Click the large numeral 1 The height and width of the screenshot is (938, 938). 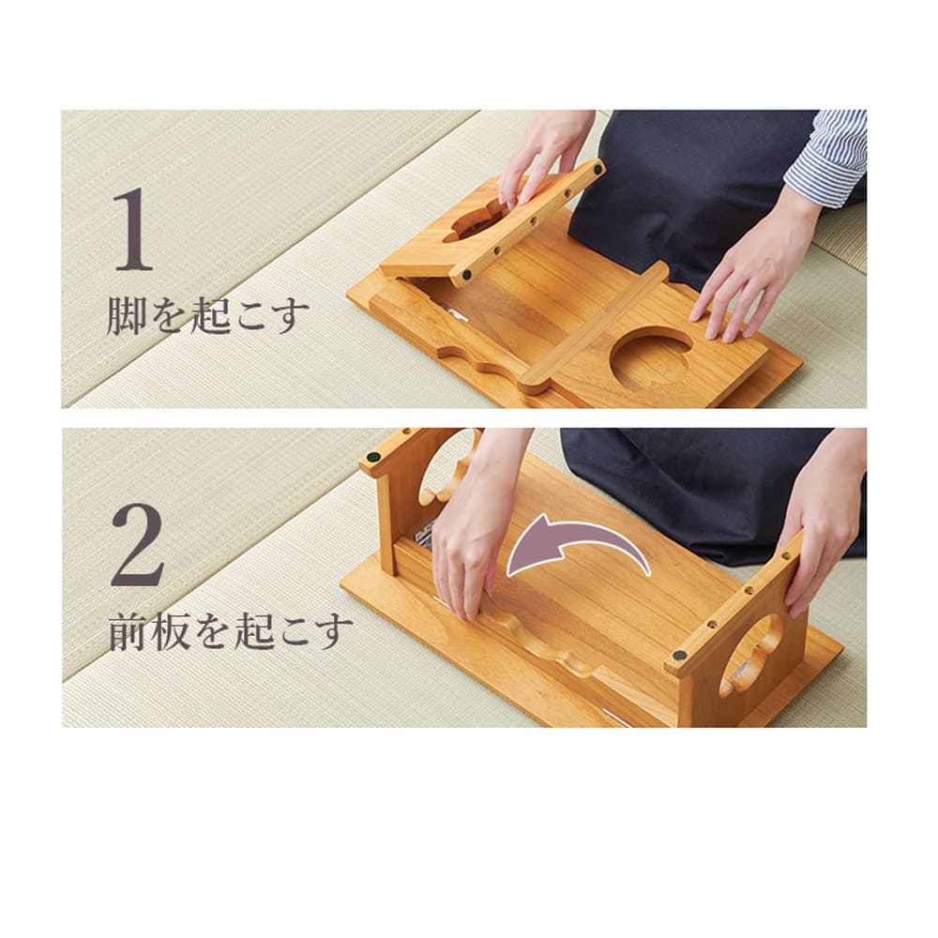pyautogui.click(x=133, y=229)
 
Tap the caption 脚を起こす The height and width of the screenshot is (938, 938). pyautogui.click(x=207, y=316)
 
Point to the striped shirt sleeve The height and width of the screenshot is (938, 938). pyautogui.click(x=828, y=157)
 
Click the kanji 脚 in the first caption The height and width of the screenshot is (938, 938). pyautogui.click(x=127, y=316)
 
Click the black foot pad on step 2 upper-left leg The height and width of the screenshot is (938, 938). pyautogui.click(x=374, y=458)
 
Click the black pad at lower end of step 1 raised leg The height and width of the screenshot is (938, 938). pyautogui.click(x=466, y=276)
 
